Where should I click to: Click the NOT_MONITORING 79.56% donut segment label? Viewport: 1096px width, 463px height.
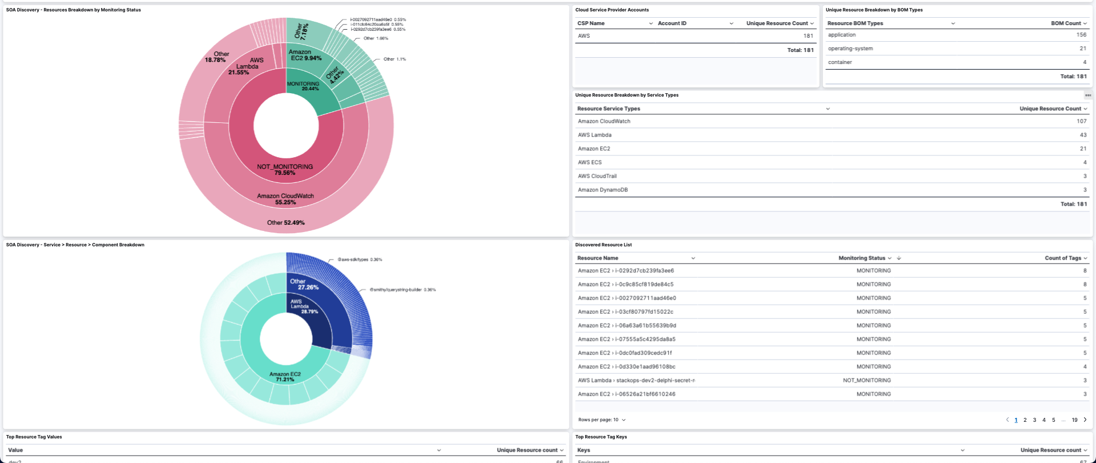(285, 170)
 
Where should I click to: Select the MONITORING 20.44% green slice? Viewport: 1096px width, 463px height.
(303, 86)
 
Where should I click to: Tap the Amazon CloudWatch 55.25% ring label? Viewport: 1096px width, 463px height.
(285, 199)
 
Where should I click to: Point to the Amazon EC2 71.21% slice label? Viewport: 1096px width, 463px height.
(285, 377)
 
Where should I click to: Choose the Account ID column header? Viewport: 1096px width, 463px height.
(672, 23)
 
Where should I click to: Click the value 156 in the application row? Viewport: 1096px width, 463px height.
(1081, 35)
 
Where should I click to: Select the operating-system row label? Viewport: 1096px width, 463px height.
(850, 49)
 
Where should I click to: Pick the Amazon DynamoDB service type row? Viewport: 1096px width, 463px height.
(602, 190)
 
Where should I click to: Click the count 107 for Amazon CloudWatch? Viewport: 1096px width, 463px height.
(1081, 121)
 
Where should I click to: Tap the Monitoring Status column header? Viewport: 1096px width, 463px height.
(861, 258)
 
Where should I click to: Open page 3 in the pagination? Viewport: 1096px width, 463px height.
(1034, 420)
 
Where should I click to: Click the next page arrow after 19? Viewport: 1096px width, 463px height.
(1085, 420)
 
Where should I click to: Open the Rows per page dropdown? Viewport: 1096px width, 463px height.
(602, 420)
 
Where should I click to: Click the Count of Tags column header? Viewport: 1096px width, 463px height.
(1062, 258)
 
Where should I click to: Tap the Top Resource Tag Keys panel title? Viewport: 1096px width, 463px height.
(601, 437)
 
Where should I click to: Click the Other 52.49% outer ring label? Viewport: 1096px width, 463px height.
(285, 223)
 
